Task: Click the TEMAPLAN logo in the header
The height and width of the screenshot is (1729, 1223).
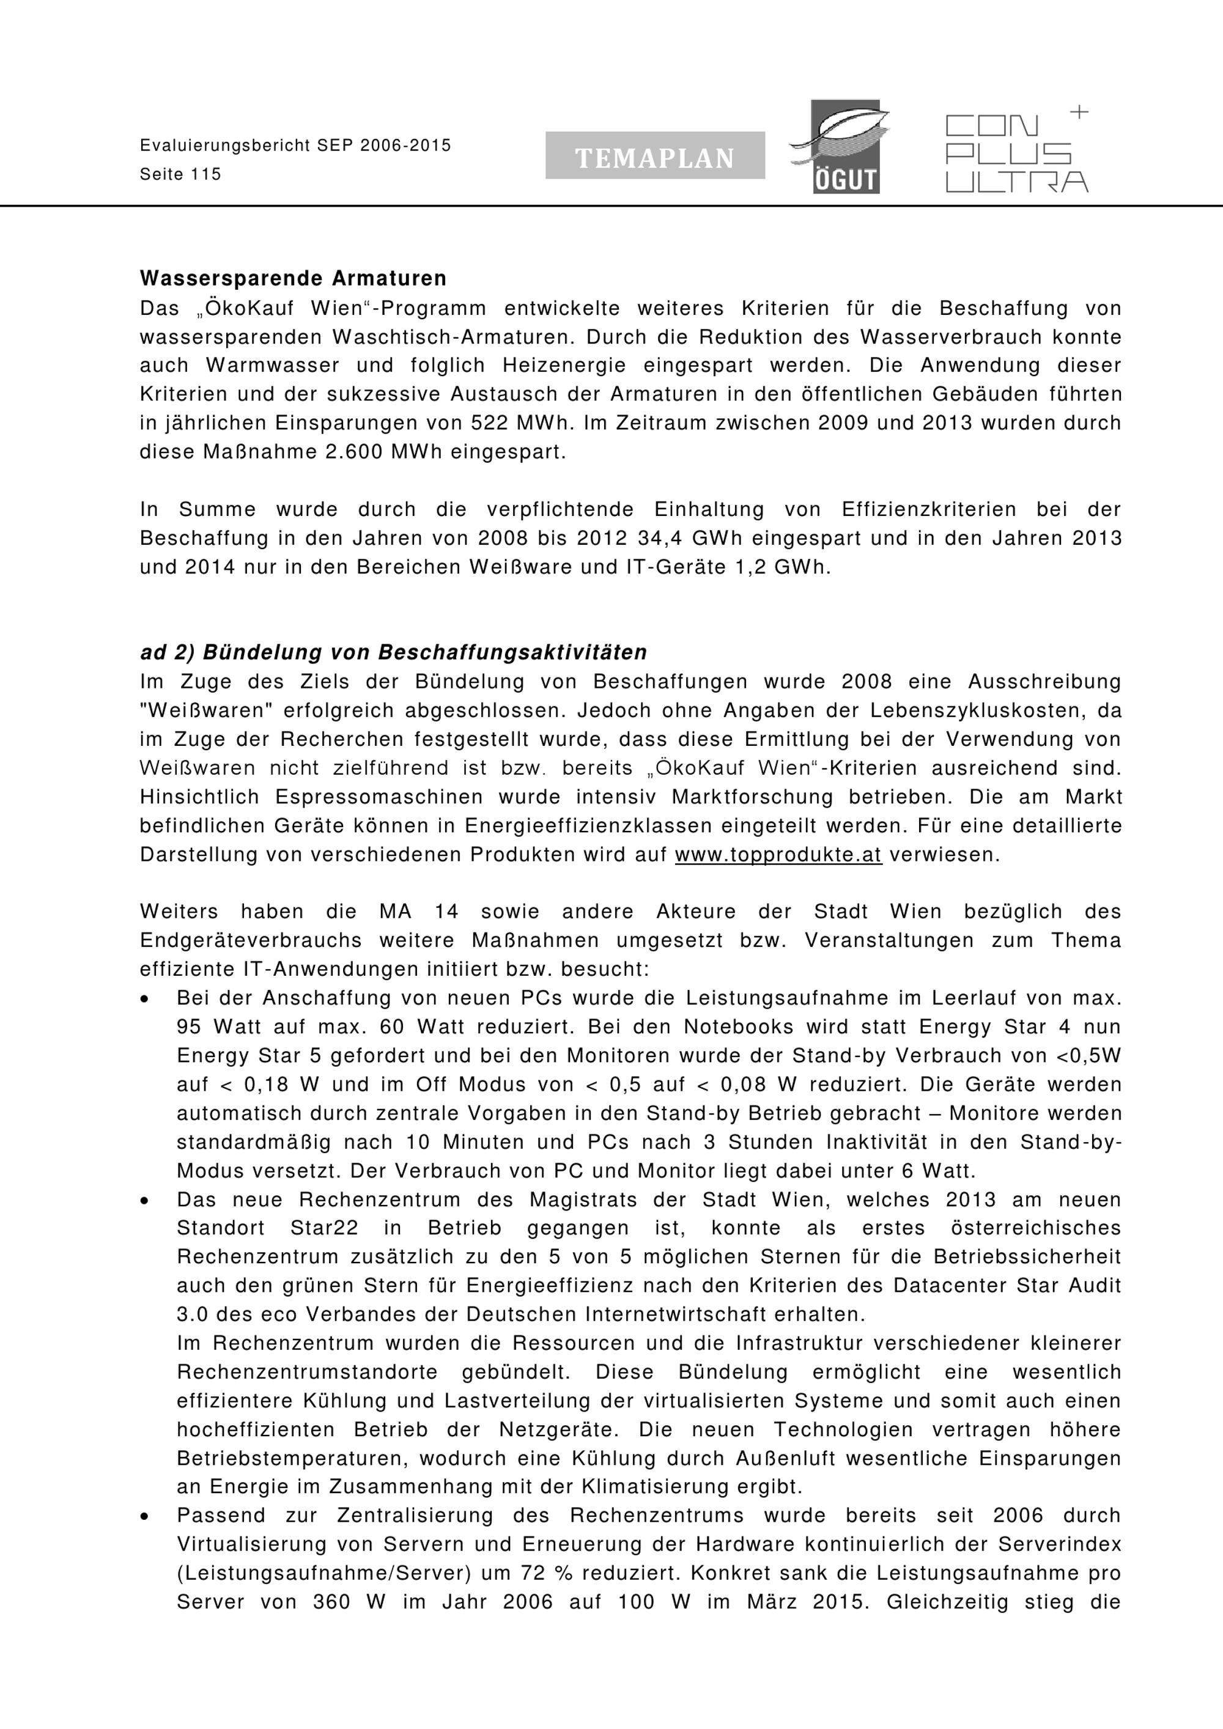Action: click(x=654, y=156)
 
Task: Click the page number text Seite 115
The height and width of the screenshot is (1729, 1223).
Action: click(x=181, y=175)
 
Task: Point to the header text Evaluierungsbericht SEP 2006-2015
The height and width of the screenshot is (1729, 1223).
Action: click(x=295, y=146)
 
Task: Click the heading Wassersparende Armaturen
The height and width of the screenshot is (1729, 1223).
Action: click(x=293, y=279)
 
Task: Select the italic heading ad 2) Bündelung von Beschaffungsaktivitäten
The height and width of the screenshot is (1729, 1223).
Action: click(x=393, y=652)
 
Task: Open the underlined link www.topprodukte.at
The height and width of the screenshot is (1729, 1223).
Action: click(x=778, y=855)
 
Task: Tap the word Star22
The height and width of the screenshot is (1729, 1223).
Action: click(x=324, y=1228)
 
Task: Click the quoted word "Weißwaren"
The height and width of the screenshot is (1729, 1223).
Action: click(x=205, y=710)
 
